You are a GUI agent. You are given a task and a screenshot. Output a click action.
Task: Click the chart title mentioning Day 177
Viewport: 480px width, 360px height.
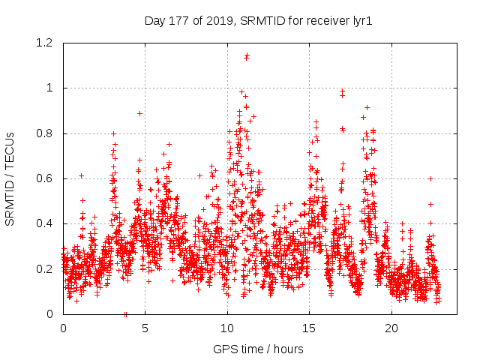point(258,21)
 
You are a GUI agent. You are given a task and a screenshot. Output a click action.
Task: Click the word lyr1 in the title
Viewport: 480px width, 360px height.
point(359,21)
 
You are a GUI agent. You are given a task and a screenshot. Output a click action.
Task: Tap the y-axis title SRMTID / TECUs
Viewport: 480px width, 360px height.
point(10,178)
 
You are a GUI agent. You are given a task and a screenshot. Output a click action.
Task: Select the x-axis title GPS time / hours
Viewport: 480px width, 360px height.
point(258,349)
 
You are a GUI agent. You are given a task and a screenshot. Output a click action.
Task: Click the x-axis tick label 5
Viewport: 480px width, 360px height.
point(145,328)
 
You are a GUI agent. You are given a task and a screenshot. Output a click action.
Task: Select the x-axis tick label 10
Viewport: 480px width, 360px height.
point(227,328)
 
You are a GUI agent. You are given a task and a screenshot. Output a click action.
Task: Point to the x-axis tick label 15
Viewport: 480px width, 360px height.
point(310,328)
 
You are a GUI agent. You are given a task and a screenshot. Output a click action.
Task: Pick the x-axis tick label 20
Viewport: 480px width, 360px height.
point(392,328)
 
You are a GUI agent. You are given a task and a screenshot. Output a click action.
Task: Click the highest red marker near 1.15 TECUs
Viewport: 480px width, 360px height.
point(247,55)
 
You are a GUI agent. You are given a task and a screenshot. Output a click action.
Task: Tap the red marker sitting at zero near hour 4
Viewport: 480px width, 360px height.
point(125,313)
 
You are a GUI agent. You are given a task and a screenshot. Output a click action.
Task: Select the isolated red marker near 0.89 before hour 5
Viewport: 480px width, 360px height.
point(139,113)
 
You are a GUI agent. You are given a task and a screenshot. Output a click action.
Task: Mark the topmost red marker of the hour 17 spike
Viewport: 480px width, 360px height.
point(343,91)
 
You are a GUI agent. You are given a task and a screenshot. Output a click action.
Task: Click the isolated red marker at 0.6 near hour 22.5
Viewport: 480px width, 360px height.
point(431,178)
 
